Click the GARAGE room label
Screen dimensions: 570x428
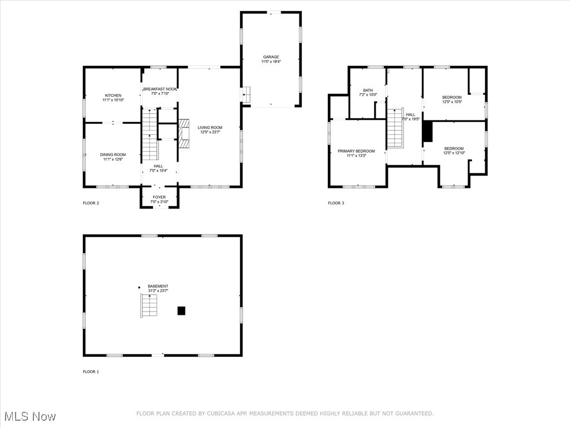coord(271,57)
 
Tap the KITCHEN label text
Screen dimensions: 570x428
coord(113,95)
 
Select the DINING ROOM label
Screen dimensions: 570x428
coord(113,155)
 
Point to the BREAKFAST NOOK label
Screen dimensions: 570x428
coord(160,89)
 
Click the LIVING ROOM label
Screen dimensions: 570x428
coord(210,128)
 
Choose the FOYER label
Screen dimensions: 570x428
coord(159,197)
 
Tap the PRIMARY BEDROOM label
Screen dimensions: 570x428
coord(356,152)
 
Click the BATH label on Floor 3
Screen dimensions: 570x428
coord(368,90)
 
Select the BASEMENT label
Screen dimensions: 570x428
coord(158,286)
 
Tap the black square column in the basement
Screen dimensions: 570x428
coord(181,311)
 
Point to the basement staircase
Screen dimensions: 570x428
coord(149,306)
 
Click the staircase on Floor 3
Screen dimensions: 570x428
coord(395,128)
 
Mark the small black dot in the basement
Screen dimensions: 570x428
coord(139,288)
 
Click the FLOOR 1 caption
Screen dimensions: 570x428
coord(91,372)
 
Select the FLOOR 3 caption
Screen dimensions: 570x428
coord(336,203)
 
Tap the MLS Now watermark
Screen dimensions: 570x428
coord(30,416)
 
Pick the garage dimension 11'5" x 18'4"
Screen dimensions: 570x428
coord(271,61)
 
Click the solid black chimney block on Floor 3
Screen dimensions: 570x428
coord(427,132)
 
